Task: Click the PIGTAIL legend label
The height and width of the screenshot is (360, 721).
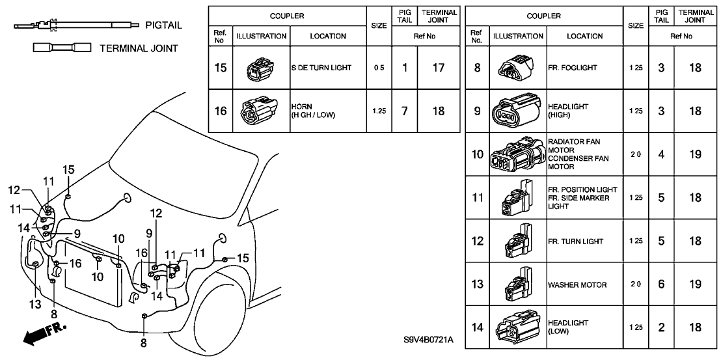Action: [162, 25]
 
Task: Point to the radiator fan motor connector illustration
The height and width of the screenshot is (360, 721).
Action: [517, 154]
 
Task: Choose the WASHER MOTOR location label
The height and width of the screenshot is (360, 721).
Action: [577, 284]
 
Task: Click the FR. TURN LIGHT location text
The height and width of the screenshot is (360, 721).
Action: [576, 242]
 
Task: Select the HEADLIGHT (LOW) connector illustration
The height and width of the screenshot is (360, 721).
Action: [517, 327]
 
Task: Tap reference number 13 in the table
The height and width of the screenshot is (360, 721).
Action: [477, 284]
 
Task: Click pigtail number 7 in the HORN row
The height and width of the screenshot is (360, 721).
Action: [405, 111]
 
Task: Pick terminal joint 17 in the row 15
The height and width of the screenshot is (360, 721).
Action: [439, 68]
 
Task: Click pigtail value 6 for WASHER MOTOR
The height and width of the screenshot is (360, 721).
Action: [661, 284]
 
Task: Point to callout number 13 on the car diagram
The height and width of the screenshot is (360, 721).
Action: [34, 304]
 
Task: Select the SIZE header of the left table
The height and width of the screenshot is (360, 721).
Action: [378, 26]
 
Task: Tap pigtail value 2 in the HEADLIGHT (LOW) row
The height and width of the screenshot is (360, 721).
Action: [661, 327]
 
